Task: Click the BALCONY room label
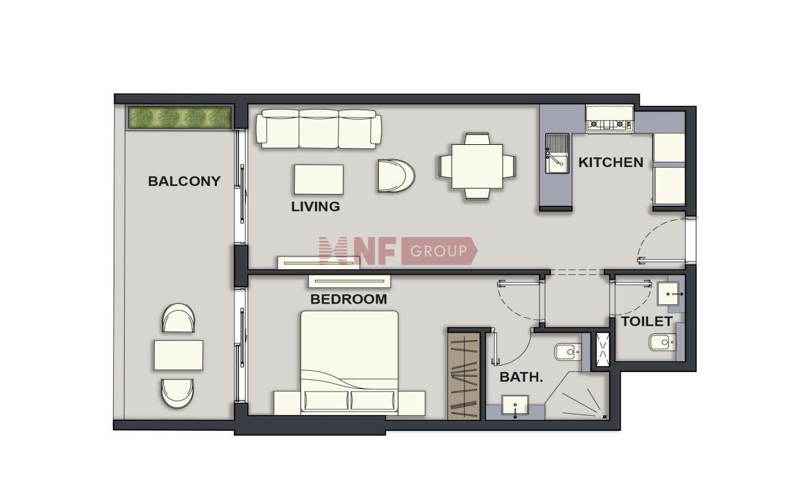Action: click(x=184, y=181)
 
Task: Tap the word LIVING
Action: click(x=316, y=206)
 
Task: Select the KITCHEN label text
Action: click(x=611, y=163)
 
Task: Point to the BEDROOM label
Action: click(x=348, y=300)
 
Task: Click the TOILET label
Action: click(x=647, y=321)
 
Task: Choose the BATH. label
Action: click(x=521, y=377)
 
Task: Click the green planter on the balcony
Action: click(x=180, y=117)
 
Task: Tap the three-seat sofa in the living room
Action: click(x=319, y=129)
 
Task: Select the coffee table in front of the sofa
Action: click(x=318, y=180)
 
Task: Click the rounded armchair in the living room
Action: click(x=396, y=176)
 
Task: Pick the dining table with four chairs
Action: click(x=477, y=166)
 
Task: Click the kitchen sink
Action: click(x=557, y=153)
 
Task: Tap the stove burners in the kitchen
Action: click(x=610, y=124)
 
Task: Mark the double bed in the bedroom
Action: click(x=350, y=363)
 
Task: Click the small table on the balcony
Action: click(x=178, y=355)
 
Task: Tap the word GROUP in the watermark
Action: click(x=438, y=251)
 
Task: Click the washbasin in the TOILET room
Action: click(x=668, y=294)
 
